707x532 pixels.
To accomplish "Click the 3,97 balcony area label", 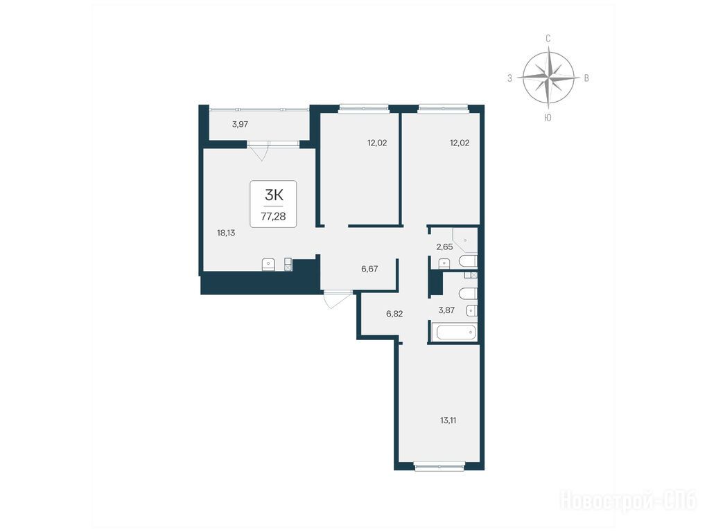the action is pyautogui.click(x=240, y=124).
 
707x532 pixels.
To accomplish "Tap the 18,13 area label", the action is pyautogui.click(x=226, y=233).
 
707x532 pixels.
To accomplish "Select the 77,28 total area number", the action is pyautogui.click(x=273, y=216).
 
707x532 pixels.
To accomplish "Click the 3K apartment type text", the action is pyautogui.click(x=274, y=195).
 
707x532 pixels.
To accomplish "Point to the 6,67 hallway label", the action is pyautogui.click(x=369, y=269).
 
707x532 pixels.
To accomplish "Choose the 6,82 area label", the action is pyautogui.click(x=394, y=314).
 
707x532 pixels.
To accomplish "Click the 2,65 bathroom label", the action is pyautogui.click(x=444, y=247).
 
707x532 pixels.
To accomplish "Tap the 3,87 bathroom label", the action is pyautogui.click(x=446, y=310).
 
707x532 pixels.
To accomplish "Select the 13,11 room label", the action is pyautogui.click(x=448, y=420).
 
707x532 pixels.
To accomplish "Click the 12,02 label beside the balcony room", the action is pyautogui.click(x=377, y=143).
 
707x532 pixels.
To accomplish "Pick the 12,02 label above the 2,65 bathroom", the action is pyautogui.click(x=460, y=143).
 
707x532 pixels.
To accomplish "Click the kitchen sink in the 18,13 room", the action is pyautogui.click(x=268, y=265).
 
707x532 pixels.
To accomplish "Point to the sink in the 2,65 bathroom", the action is pyautogui.click(x=444, y=263).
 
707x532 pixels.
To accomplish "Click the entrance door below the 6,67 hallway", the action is pyautogui.click(x=338, y=299).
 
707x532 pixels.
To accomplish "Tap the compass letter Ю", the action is pyautogui.click(x=548, y=118).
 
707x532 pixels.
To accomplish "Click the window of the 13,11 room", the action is pyautogui.click(x=439, y=467).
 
